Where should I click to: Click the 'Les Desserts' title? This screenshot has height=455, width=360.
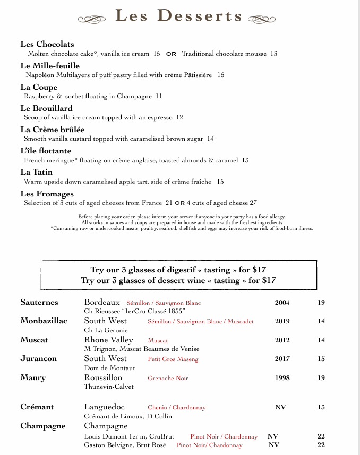179,16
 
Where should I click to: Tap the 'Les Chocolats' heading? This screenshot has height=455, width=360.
47,44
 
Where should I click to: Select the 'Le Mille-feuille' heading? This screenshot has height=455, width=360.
50,66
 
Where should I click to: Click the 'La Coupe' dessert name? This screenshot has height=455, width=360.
39,87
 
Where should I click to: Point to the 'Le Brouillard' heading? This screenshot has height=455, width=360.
46,108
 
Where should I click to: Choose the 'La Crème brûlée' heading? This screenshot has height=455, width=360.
53,130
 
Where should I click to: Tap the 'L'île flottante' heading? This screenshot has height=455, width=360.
46,151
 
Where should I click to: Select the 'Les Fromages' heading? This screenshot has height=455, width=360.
47,194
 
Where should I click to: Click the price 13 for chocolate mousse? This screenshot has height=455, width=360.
273,54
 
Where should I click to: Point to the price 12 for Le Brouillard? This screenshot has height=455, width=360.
179,117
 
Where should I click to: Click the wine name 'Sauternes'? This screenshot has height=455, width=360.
39,302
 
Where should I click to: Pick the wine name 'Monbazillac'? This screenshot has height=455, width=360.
44,321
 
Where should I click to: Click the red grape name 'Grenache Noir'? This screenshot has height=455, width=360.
168,378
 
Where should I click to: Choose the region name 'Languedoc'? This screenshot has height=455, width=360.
104,407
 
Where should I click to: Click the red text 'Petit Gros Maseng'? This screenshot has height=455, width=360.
173,359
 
